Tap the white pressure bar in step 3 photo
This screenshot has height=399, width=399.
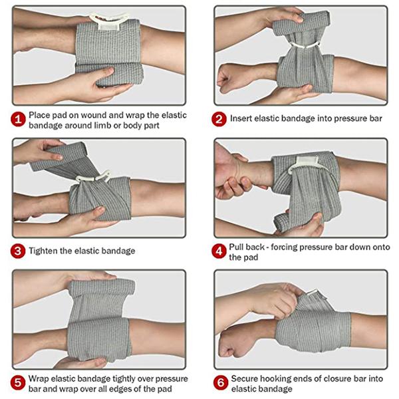pos(93,178)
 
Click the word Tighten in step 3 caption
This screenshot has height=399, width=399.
pos(44,251)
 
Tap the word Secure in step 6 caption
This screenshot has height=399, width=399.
pos(245,379)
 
